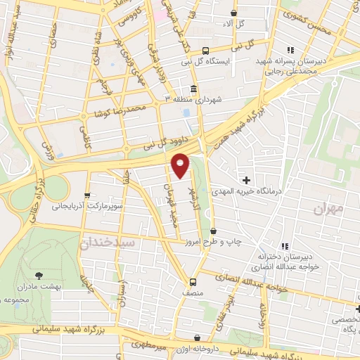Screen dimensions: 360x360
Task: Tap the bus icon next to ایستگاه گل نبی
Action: [205, 51]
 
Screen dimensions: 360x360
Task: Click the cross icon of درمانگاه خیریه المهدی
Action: [246, 180]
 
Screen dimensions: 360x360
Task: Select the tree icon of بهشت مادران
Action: [39, 276]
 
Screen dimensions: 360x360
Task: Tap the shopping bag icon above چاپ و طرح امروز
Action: [213, 231]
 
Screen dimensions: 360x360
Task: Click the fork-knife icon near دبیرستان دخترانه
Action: [284, 246]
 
